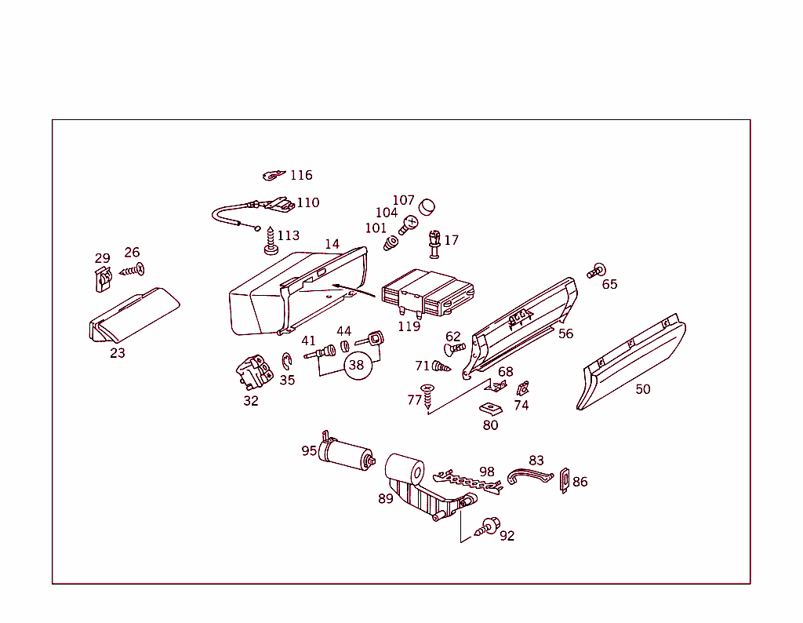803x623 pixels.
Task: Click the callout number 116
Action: (301, 175)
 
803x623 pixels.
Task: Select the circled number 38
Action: (357, 365)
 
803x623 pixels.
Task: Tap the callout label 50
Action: (643, 389)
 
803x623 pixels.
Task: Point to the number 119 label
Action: (409, 326)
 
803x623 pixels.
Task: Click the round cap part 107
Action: (427, 207)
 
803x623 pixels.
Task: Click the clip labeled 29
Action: (100, 279)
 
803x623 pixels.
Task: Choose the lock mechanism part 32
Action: (253, 371)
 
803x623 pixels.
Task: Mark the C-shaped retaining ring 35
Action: (287, 363)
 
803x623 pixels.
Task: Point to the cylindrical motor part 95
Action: (345, 454)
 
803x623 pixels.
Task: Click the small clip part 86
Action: (564, 480)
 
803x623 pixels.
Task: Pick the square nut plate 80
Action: (490, 408)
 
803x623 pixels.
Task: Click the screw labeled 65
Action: (596, 271)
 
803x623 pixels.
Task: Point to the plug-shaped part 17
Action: (434, 243)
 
